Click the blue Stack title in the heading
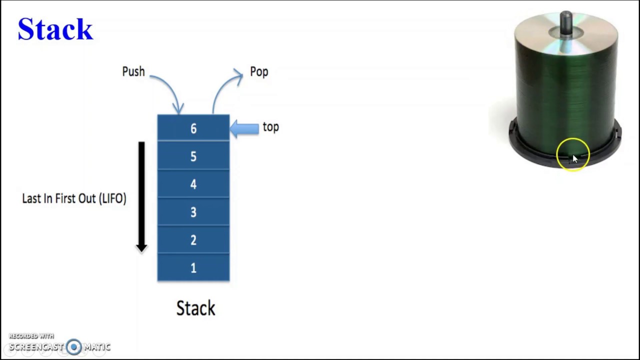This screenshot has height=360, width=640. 55,29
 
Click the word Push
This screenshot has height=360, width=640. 133,71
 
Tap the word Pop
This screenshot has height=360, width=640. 259,71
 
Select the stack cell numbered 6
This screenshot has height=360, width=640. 193,128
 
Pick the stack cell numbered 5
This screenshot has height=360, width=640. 193,156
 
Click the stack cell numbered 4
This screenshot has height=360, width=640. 193,184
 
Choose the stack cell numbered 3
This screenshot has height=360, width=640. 193,212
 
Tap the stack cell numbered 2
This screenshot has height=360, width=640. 193,240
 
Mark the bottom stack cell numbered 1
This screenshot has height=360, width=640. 193,268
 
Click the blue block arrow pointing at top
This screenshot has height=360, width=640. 244,128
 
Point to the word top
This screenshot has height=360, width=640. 270,127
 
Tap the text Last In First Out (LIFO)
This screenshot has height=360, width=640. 74,198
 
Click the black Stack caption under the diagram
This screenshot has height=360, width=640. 195,308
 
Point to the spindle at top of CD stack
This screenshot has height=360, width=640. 566,22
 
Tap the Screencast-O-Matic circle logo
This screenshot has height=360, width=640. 74,346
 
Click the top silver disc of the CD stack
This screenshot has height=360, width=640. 590,35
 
